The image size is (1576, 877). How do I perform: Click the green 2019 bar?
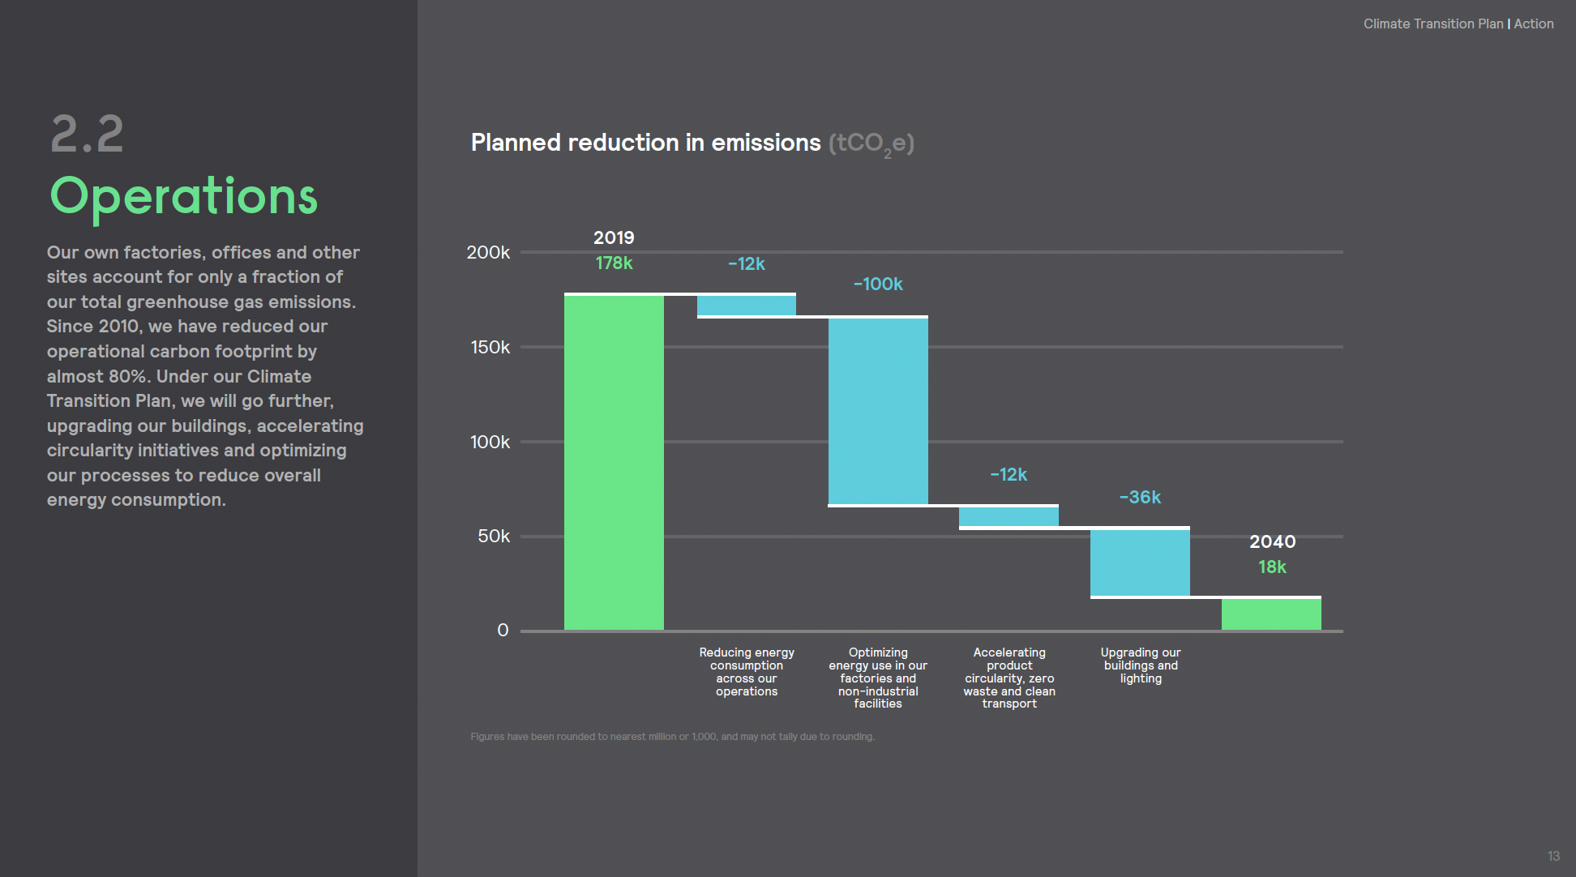click(x=614, y=462)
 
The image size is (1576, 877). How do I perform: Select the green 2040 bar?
click(x=1271, y=614)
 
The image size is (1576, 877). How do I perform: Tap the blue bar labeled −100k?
click(x=878, y=411)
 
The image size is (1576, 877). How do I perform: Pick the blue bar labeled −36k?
click(x=1140, y=563)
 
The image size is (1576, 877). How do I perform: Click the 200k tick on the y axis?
click(x=488, y=253)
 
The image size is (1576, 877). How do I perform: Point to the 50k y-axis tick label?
click(x=494, y=537)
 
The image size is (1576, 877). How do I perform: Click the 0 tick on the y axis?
click(x=503, y=631)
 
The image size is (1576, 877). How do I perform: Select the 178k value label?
click(x=614, y=263)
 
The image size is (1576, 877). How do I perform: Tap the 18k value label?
click(x=1272, y=567)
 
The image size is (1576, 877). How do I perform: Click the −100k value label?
click(x=878, y=284)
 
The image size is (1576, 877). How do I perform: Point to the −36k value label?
click(x=1140, y=498)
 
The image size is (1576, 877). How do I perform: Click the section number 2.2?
click(x=87, y=134)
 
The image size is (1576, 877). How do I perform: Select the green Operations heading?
click(x=184, y=197)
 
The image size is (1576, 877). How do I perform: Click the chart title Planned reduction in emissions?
click(x=645, y=143)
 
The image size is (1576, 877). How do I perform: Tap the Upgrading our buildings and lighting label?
click(x=1141, y=665)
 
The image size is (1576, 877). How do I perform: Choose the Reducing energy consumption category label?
click(x=747, y=672)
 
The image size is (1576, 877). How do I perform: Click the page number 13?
click(x=1553, y=856)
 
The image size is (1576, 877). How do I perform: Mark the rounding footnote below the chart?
click(x=672, y=737)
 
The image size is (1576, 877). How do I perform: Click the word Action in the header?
click(x=1534, y=24)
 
